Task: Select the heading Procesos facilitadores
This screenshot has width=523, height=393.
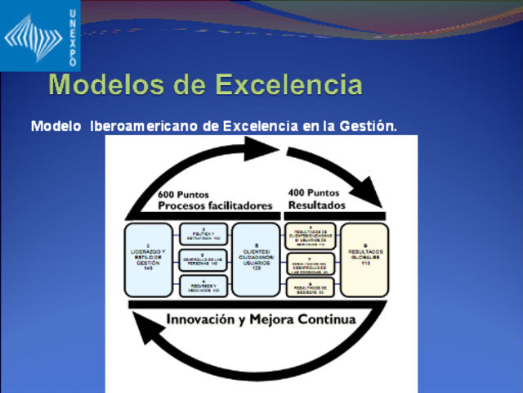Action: click(215, 206)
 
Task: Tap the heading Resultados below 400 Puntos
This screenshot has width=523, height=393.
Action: click(317, 205)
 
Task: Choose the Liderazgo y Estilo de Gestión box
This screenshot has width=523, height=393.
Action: click(148, 259)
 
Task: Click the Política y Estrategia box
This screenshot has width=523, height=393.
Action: click(203, 235)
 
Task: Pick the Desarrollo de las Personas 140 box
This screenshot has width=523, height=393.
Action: click(203, 260)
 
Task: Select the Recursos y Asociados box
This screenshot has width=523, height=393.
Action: click(203, 286)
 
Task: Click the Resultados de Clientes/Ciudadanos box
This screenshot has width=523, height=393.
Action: click(310, 235)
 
